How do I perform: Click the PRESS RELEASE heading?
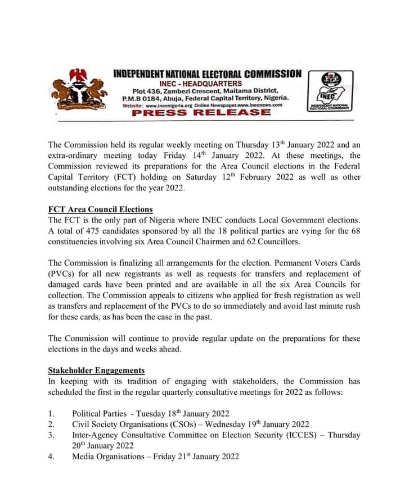201,112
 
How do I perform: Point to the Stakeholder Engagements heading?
96,371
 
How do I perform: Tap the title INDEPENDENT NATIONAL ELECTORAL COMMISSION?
207,74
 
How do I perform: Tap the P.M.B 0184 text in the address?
141,98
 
